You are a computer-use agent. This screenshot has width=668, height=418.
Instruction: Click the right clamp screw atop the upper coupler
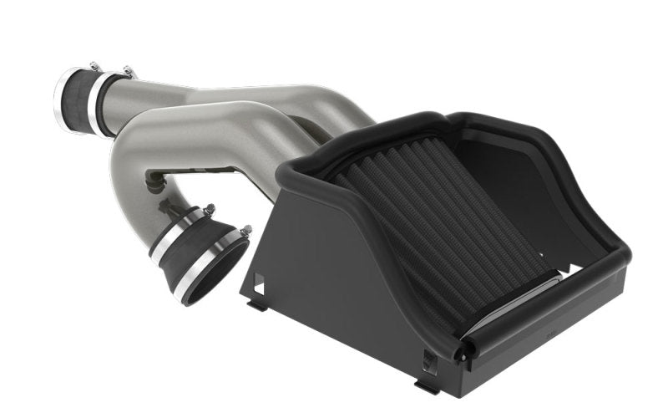(128, 73)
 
